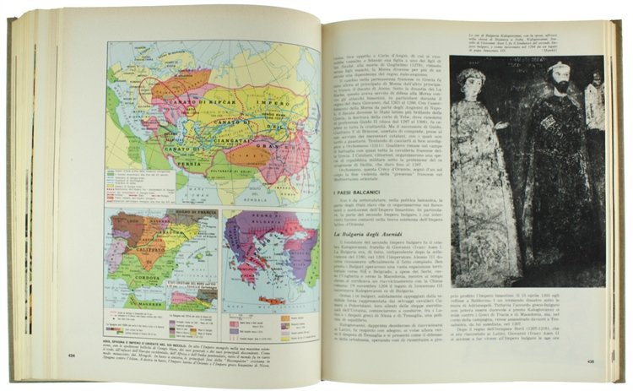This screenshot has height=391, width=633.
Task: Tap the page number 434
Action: pyautogui.click(x=71, y=356)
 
